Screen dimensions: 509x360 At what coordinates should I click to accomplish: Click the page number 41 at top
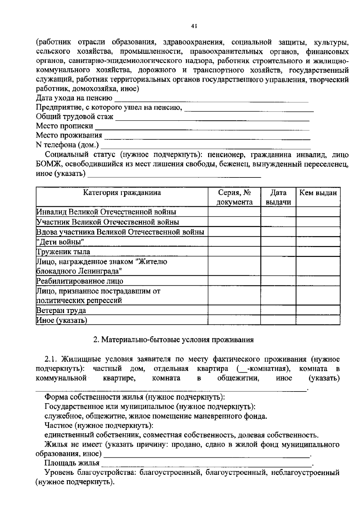click(193, 26)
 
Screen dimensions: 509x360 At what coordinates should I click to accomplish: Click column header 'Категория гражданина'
click(122, 193)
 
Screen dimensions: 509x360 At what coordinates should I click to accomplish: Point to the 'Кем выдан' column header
click(318, 193)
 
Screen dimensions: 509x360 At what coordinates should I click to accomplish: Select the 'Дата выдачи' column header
click(278, 197)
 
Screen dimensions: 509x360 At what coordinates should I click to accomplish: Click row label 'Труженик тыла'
click(63, 252)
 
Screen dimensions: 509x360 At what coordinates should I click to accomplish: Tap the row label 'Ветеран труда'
click(61, 310)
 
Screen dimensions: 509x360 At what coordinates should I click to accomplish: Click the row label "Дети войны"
click(60, 242)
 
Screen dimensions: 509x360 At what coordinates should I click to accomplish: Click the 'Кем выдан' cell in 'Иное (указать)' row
click(318, 320)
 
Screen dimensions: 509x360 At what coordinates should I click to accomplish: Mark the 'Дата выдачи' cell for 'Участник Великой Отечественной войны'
click(278, 222)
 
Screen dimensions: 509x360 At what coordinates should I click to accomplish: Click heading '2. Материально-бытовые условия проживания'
click(173, 340)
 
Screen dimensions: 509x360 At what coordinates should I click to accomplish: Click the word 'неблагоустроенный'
click(305, 473)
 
